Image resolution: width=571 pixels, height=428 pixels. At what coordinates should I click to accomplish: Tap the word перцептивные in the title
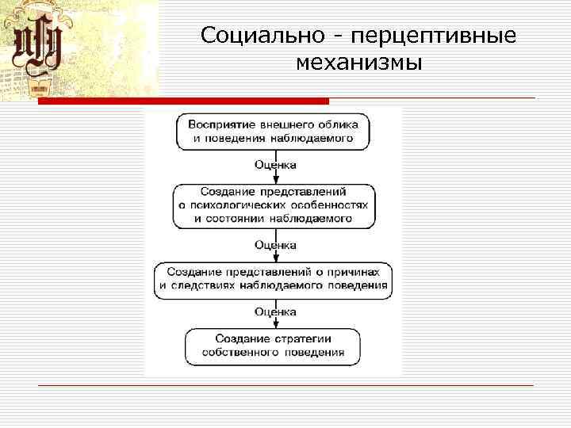pos(431,36)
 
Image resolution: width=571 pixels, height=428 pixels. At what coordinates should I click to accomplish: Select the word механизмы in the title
pos(358,62)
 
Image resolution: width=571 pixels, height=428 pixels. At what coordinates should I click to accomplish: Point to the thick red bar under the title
pos(183,101)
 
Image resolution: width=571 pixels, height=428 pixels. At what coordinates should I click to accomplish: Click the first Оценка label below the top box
pos(275,165)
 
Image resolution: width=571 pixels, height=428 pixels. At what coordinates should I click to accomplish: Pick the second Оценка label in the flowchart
pos(275,245)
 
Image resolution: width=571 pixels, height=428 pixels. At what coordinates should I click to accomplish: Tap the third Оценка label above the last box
pos(275,311)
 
